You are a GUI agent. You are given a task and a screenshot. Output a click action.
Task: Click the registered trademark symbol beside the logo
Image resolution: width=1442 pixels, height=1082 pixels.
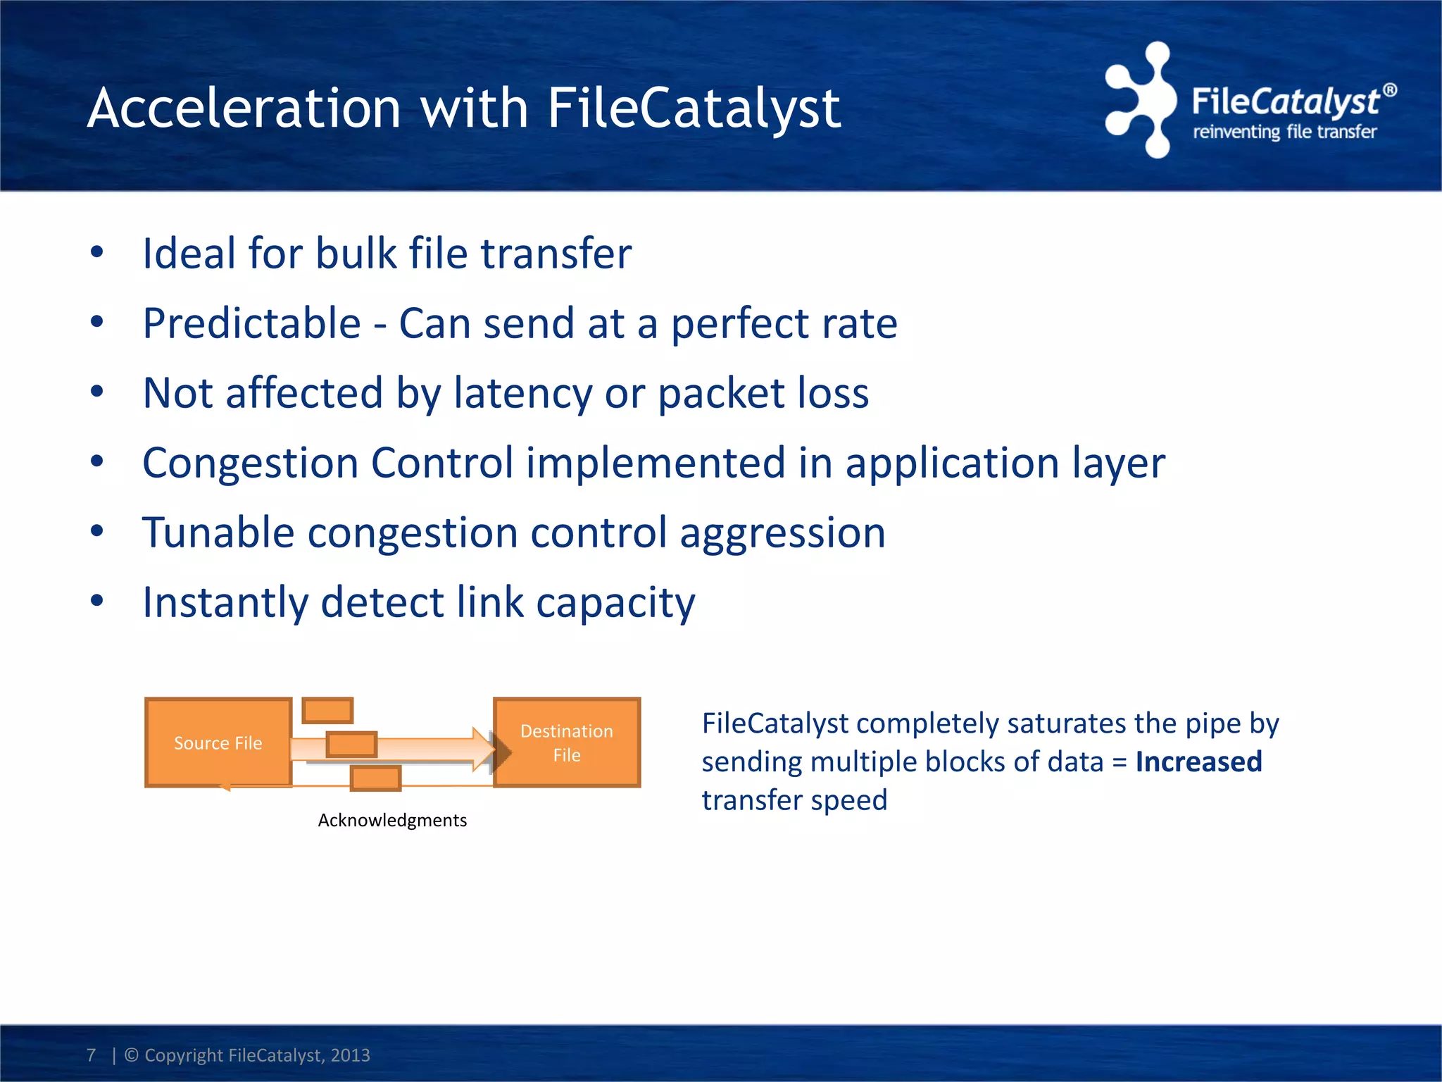click(1389, 90)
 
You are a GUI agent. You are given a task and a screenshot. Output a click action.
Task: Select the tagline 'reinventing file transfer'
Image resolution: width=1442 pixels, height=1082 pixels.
click(1284, 132)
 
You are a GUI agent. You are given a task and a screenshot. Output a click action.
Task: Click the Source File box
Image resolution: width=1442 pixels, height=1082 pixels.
click(218, 742)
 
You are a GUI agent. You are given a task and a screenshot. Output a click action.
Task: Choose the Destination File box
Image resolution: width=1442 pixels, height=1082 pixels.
click(568, 742)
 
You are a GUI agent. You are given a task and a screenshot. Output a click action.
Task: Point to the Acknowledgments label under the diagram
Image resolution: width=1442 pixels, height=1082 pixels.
click(392, 820)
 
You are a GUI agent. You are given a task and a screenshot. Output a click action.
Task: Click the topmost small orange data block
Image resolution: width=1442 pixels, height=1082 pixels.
click(327, 710)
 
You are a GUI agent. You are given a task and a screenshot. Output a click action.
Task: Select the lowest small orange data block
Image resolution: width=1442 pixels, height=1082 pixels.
click(375, 779)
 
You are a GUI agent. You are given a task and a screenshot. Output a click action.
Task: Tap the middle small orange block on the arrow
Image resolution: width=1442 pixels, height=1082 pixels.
click(351, 745)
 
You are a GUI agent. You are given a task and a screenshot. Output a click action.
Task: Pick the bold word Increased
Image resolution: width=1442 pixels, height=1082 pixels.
click(1198, 762)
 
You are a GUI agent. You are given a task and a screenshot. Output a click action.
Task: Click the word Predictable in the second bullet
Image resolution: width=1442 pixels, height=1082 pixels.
click(252, 323)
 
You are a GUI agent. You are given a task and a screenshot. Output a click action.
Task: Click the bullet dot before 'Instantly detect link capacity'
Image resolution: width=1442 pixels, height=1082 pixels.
click(97, 601)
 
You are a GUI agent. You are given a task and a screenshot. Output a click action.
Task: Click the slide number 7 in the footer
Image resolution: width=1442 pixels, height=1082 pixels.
click(91, 1055)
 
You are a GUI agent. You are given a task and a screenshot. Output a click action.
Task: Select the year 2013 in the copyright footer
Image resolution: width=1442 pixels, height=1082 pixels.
click(350, 1055)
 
